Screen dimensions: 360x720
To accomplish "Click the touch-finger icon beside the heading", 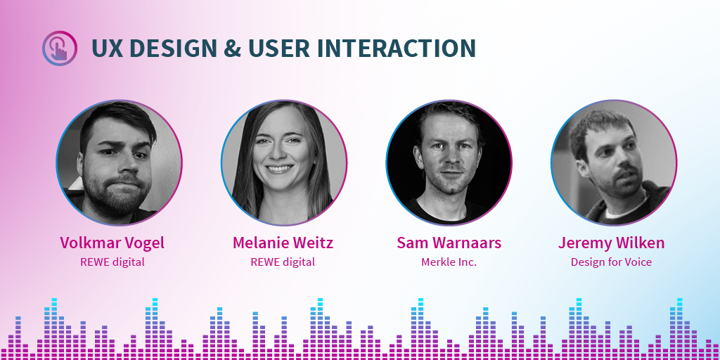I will click(x=59, y=49).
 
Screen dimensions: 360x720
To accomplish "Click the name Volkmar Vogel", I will click(x=112, y=243).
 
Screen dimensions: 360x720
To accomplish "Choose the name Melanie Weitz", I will click(x=283, y=243).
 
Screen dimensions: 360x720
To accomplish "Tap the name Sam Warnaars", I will click(x=449, y=243).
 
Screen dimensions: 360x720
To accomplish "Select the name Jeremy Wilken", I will click(x=611, y=243).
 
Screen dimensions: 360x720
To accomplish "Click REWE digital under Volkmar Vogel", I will click(x=112, y=262).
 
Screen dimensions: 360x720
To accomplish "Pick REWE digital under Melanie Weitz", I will click(x=283, y=262).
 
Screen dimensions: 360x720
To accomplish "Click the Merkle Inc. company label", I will click(x=449, y=262).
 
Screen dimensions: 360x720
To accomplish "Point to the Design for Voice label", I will click(x=611, y=262).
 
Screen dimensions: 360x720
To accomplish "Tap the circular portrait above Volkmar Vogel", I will click(x=119, y=162).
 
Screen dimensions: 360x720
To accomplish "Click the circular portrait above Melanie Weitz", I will click(x=283, y=162).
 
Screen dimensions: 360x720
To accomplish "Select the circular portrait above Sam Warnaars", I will click(x=449, y=162).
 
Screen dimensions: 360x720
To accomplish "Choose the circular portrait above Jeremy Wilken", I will click(x=613, y=162).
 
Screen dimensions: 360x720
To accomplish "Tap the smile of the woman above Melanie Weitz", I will click(x=280, y=169).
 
